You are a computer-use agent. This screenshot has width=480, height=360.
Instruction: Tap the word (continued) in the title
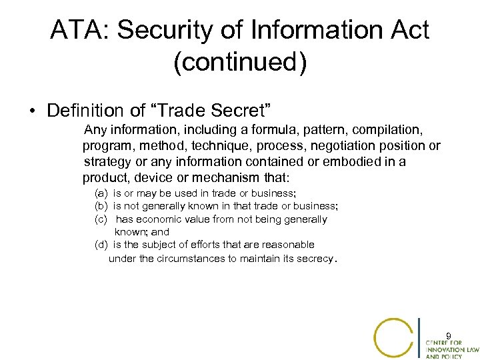(x=240, y=62)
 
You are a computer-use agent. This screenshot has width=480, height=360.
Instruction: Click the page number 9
(x=449, y=335)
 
